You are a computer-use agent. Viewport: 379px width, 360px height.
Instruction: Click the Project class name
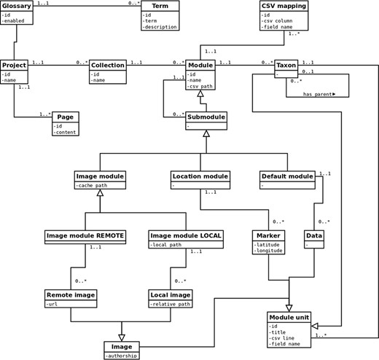point(15,65)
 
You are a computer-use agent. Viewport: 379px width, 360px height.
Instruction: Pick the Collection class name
point(109,65)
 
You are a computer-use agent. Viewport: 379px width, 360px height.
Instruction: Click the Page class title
point(65,117)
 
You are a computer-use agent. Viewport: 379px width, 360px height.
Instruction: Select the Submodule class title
point(206,117)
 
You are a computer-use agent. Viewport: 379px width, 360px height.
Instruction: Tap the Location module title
point(200,176)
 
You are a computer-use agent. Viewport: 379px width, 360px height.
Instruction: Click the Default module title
point(286,176)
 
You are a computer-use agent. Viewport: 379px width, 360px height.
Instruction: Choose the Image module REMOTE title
point(86,236)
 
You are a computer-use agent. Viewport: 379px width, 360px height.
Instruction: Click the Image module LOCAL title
point(186,236)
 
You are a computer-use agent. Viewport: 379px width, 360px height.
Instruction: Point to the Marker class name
point(268,236)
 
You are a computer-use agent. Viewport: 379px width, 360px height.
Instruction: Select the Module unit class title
point(290,318)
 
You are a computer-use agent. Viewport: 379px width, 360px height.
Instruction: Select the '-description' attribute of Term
point(165,28)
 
